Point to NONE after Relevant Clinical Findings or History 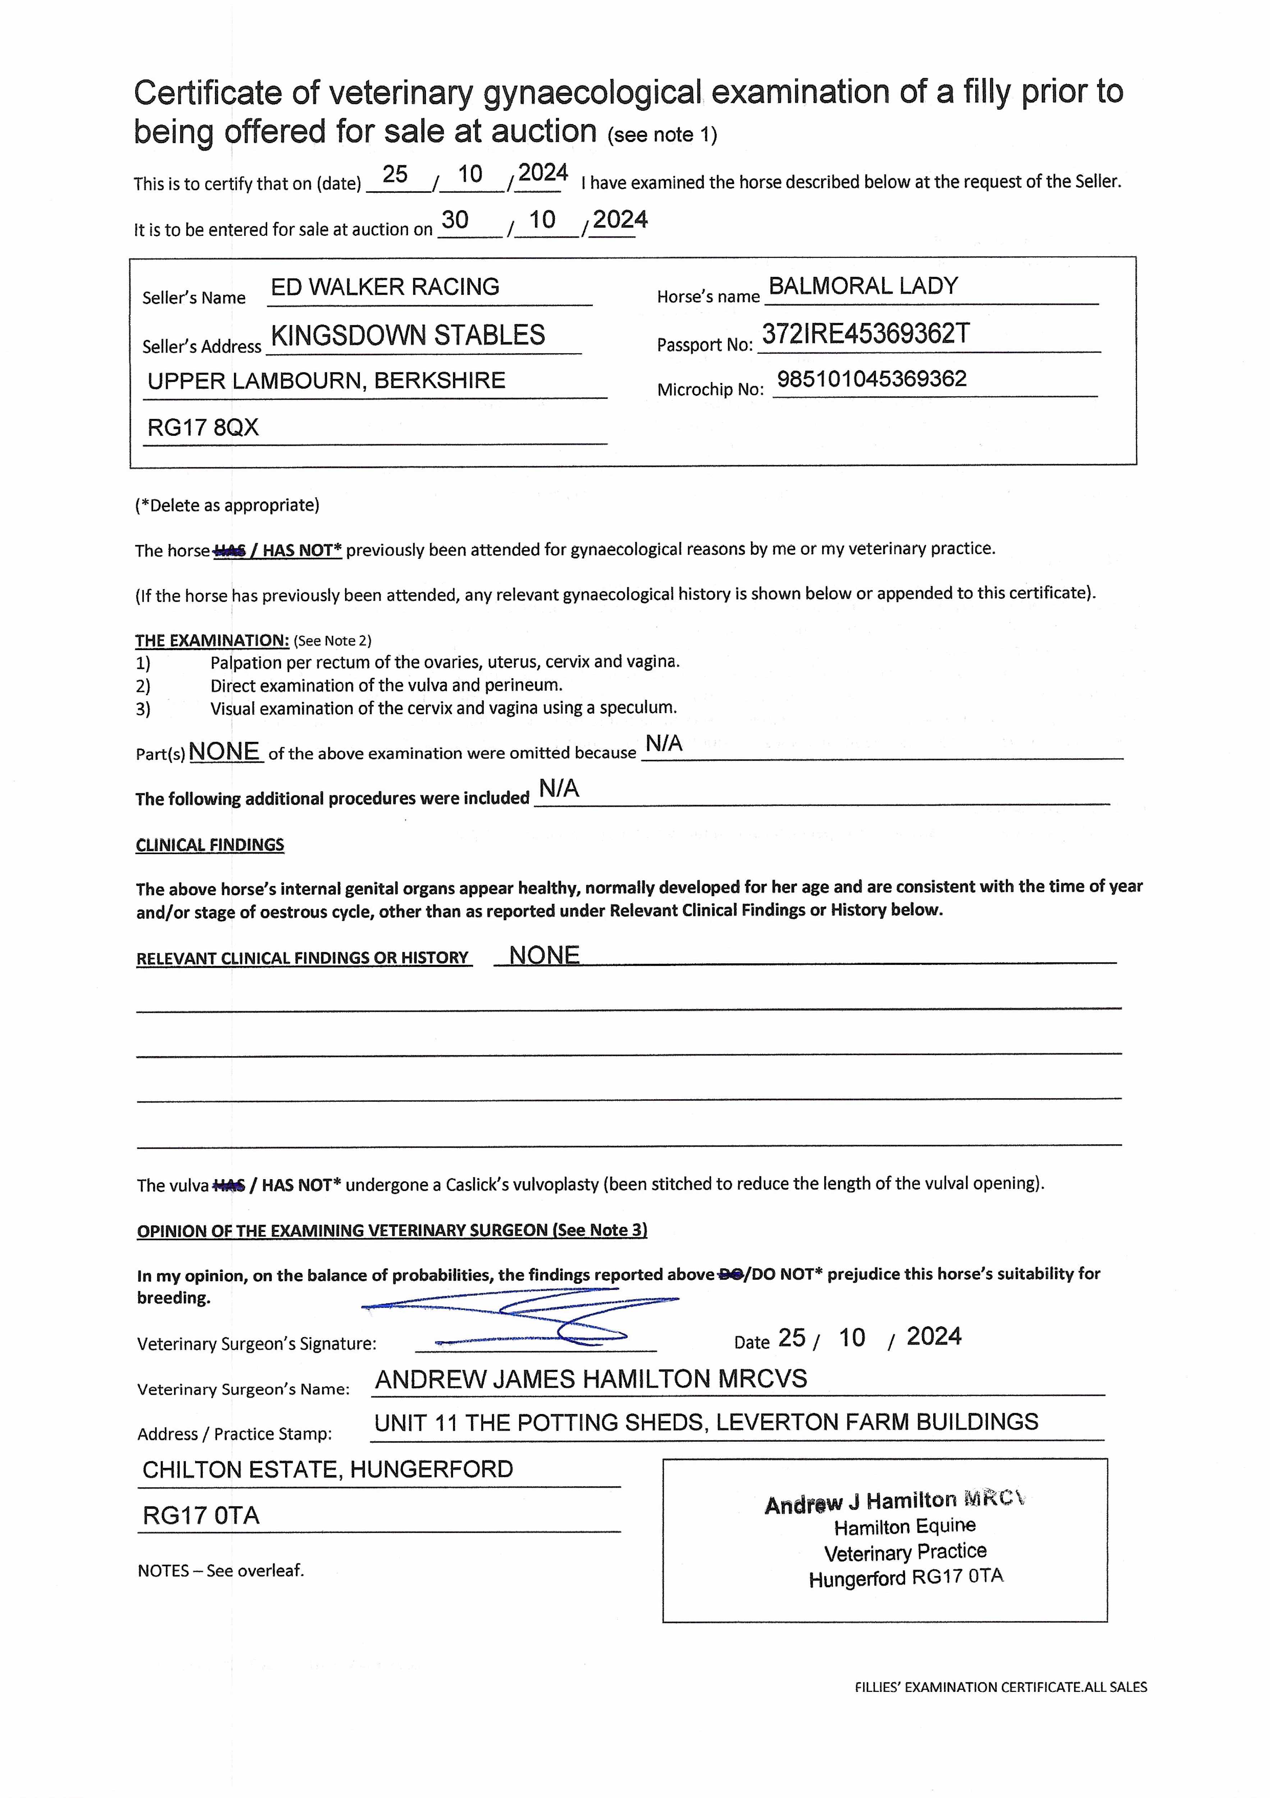(x=544, y=955)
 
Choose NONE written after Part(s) (x=224, y=752)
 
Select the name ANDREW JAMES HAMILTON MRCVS (x=591, y=1379)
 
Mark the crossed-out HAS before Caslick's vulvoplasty (x=229, y=1186)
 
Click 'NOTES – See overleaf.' (x=221, y=1571)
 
